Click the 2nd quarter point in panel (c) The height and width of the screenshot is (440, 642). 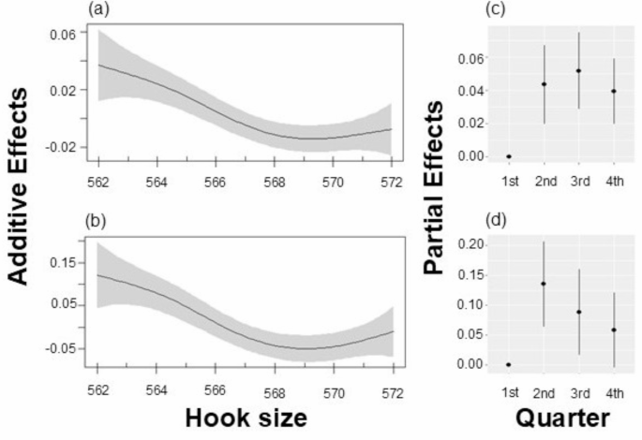544,84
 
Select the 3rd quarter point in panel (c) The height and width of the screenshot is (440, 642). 578,70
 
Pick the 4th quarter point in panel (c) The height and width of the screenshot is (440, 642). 613,91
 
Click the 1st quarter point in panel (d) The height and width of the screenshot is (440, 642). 509,364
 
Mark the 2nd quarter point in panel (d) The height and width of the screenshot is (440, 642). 544,284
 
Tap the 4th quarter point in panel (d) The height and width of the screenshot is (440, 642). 613,330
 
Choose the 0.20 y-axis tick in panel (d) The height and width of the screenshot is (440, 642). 475,244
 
